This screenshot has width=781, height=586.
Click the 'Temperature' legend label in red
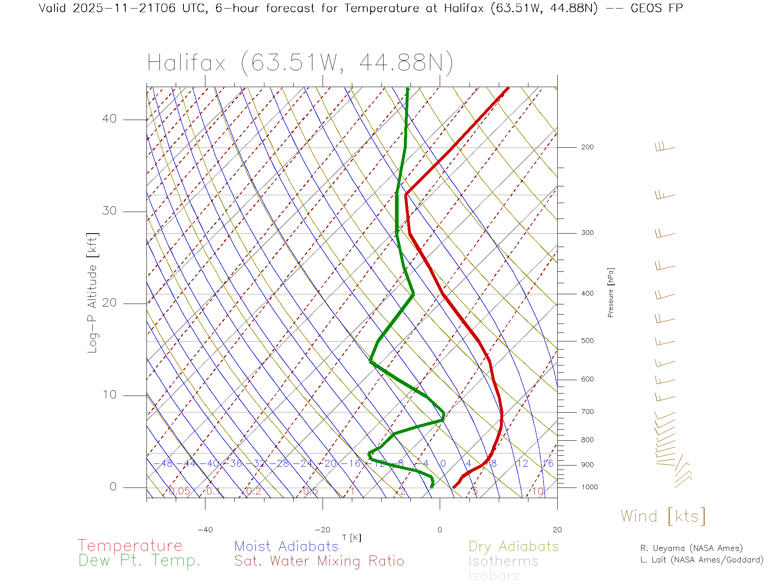click(x=130, y=545)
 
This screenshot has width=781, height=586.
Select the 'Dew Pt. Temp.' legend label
click(x=140, y=561)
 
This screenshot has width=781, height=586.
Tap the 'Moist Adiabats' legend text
click(x=286, y=546)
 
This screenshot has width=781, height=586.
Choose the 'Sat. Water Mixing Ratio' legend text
click(x=319, y=561)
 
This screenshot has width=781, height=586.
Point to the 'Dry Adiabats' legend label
click(x=513, y=546)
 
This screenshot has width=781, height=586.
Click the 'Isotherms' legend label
click(x=503, y=561)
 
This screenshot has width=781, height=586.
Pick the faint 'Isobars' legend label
click(x=494, y=576)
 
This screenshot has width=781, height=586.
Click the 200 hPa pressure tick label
click(x=587, y=147)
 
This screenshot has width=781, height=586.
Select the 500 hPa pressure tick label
click(x=587, y=341)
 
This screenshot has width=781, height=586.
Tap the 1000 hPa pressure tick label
click(x=589, y=487)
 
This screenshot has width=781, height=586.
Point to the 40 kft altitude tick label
click(x=109, y=119)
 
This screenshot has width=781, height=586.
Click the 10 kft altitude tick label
click(x=109, y=395)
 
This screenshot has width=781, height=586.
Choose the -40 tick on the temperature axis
click(x=205, y=530)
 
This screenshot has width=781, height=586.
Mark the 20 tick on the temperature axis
click(x=557, y=530)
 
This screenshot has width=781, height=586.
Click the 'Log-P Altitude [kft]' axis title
click(x=93, y=293)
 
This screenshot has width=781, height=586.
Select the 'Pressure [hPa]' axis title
click(x=611, y=292)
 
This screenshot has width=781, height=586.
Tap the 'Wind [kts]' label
click(x=663, y=516)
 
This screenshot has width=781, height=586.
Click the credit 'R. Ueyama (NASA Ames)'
click(x=691, y=548)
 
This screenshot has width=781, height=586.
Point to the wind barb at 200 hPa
click(x=665, y=147)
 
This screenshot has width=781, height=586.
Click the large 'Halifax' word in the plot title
click(x=186, y=63)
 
